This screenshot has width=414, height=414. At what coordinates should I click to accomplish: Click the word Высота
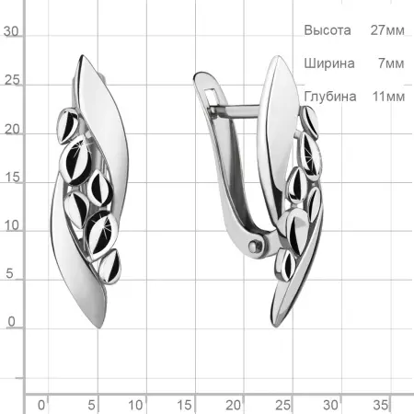click(328, 30)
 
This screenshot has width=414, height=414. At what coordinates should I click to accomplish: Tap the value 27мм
click(387, 30)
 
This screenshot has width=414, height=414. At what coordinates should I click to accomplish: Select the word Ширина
click(329, 63)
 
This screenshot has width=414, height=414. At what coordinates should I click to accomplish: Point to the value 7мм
click(391, 63)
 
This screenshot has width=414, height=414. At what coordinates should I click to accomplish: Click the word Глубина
click(330, 97)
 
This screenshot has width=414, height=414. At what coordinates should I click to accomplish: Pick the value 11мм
click(388, 97)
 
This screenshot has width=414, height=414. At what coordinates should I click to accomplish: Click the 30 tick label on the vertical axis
click(11, 31)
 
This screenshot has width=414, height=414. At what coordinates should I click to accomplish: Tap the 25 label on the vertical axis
click(12, 80)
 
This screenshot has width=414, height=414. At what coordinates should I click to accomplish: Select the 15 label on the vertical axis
click(12, 178)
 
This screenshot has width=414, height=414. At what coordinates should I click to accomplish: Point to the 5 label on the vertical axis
click(9, 273)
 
